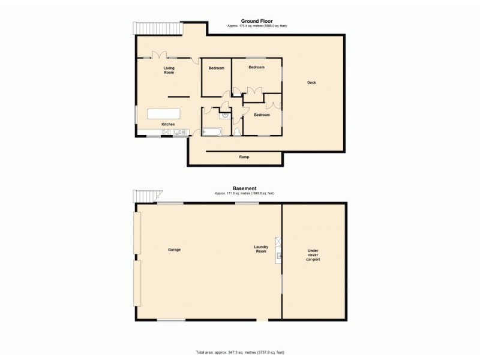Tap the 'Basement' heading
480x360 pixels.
point(245,188)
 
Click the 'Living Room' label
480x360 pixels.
point(169,70)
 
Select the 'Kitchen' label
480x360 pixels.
point(168,124)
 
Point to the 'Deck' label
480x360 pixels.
point(311,83)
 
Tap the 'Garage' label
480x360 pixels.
point(175,250)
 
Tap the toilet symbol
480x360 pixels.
point(238,131)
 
